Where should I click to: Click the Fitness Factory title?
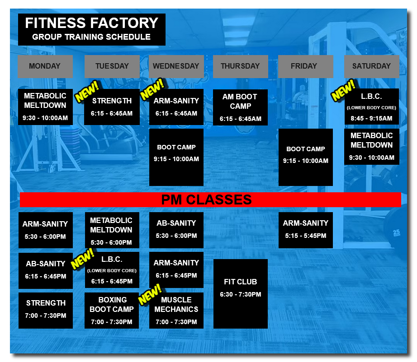(x=91, y=23)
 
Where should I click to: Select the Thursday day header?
(x=240, y=66)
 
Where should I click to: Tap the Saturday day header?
(x=371, y=66)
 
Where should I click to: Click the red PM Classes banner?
(x=210, y=200)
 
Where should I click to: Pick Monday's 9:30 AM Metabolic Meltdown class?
(x=45, y=107)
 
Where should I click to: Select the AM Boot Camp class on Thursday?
(x=240, y=107)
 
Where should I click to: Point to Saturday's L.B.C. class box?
(x=371, y=107)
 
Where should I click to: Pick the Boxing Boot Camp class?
(x=112, y=310)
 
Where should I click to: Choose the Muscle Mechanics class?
(x=176, y=310)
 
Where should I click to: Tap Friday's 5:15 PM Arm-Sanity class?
(x=305, y=230)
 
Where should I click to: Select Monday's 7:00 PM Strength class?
(x=45, y=310)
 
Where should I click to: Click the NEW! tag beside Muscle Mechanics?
(x=150, y=294)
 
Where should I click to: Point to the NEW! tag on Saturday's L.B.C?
(x=343, y=91)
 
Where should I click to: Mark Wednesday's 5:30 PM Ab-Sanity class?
(x=176, y=230)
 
